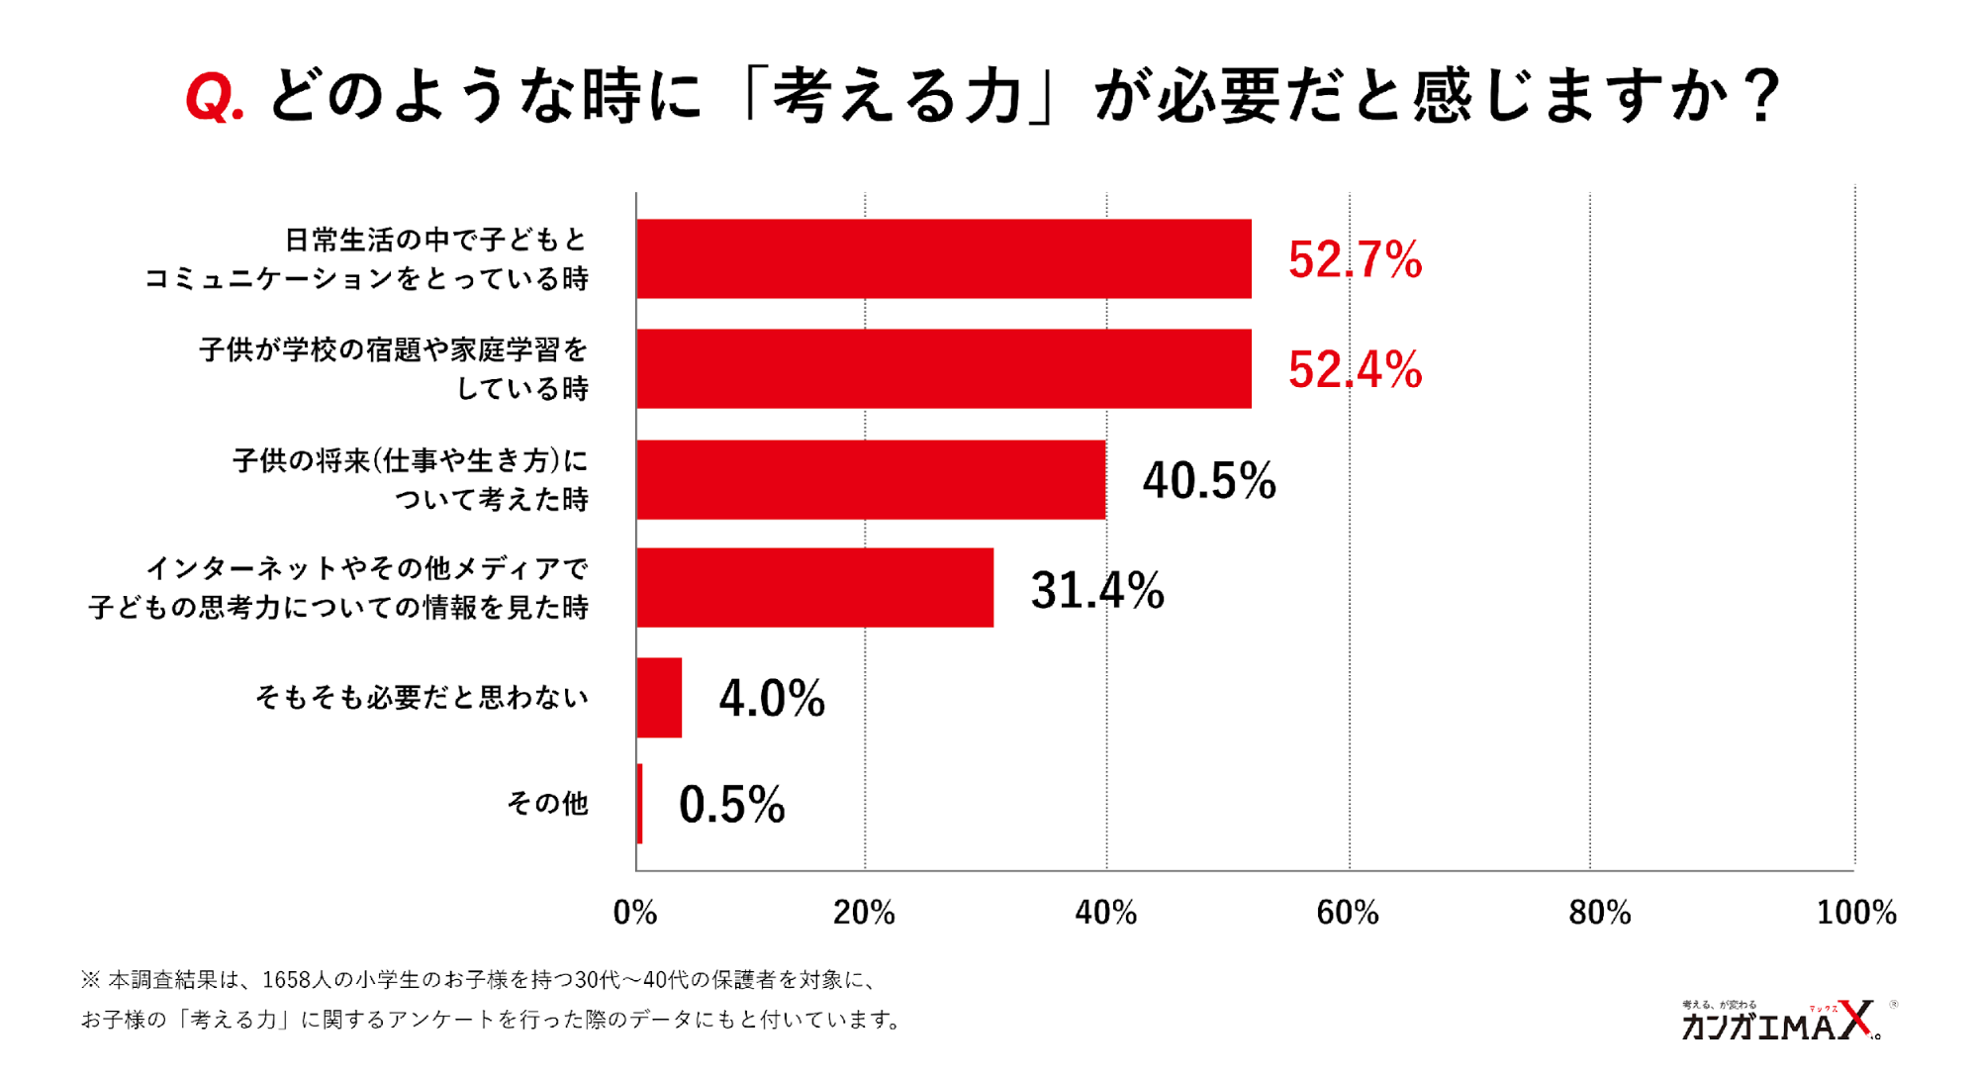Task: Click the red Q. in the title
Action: point(214,99)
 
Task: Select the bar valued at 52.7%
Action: point(943,258)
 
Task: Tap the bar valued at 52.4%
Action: point(943,368)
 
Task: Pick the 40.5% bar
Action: point(871,479)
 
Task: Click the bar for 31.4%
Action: point(814,587)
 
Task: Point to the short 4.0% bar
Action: point(659,697)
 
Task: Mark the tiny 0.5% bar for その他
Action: point(640,803)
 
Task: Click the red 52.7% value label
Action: point(1355,259)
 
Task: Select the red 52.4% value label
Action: point(1355,369)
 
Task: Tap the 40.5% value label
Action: point(1208,480)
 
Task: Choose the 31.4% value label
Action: point(1096,590)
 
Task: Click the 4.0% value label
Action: point(772,698)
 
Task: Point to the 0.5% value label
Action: point(731,804)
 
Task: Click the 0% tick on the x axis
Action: point(635,912)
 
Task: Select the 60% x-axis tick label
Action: point(1348,912)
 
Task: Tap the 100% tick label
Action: point(1855,912)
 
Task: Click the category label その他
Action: point(547,803)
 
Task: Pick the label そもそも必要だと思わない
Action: point(422,697)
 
